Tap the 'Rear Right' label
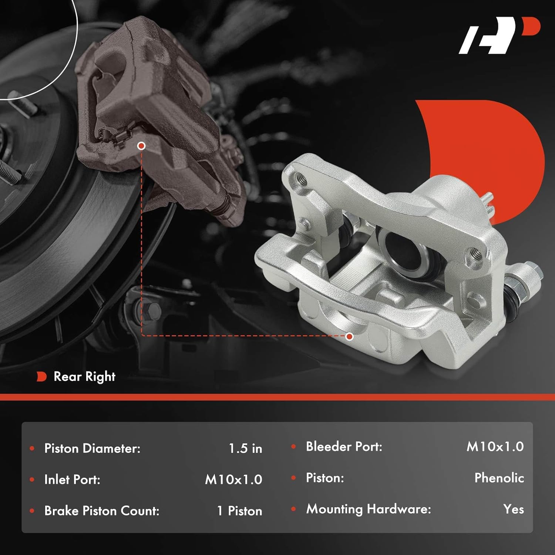[x=84, y=377]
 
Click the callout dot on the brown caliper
[x=141, y=146]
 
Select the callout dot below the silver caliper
[x=349, y=336]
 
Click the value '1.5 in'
[x=245, y=448]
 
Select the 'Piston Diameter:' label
[x=92, y=448]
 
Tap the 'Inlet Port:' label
[x=72, y=480]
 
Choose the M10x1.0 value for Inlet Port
[x=233, y=480]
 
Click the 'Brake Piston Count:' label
[x=102, y=511]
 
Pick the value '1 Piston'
[x=239, y=511]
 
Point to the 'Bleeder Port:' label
[x=344, y=447]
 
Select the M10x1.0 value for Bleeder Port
[x=495, y=447]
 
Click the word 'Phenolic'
[x=499, y=478]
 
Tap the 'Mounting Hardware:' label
[x=369, y=509]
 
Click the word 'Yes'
[x=514, y=509]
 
